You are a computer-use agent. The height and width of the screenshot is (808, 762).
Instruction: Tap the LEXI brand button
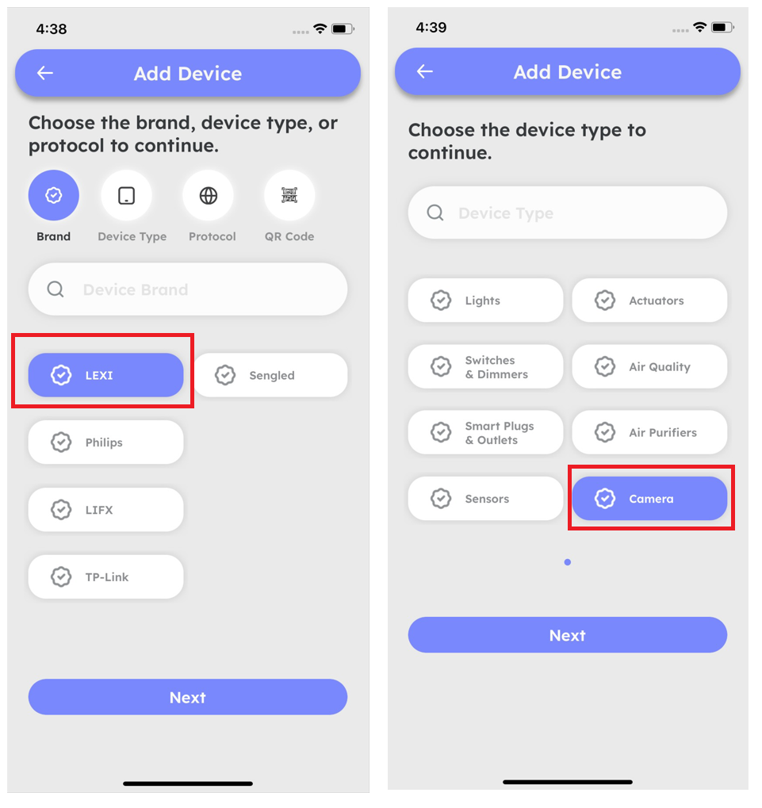click(105, 374)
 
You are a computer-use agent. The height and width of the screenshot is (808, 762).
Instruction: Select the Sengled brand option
click(270, 374)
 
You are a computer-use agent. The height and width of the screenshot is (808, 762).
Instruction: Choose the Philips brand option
click(105, 442)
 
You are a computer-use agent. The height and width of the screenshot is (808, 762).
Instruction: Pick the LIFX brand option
click(105, 510)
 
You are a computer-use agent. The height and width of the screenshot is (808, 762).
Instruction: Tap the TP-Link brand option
click(105, 576)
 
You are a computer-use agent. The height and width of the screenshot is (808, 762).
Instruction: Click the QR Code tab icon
click(289, 195)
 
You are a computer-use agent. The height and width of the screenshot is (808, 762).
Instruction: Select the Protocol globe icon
click(209, 195)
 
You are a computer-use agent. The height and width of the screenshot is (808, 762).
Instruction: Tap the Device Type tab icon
click(127, 195)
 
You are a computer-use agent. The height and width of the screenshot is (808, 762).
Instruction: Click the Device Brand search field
click(188, 289)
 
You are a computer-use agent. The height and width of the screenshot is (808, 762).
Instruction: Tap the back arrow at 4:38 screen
click(45, 73)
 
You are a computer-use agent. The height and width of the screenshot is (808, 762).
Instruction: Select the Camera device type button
click(649, 498)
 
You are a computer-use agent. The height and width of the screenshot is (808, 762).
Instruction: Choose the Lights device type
click(485, 300)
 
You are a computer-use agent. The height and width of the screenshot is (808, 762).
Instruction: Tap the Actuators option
click(649, 300)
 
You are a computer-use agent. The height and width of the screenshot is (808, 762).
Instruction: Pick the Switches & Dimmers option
click(485, 366)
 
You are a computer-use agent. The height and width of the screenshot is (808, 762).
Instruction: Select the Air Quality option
click(649, 366)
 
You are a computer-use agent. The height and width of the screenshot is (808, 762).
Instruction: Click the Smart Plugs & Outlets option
click(485, 432)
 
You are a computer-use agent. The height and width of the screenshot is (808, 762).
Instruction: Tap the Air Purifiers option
click(649, 432)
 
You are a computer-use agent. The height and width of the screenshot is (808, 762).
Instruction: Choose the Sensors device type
click(485, 498)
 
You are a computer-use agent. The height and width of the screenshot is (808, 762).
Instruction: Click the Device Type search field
click(567, 213)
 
